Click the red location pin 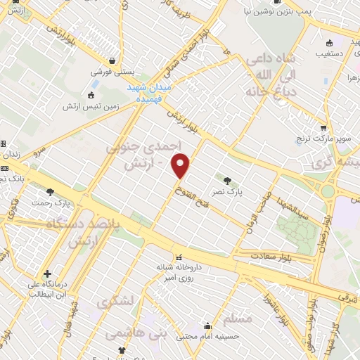(181, 167)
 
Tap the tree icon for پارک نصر (226, 180)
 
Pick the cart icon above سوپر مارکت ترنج (323, 128)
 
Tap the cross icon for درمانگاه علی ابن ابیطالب (47, 274)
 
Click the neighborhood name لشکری (113, 304)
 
